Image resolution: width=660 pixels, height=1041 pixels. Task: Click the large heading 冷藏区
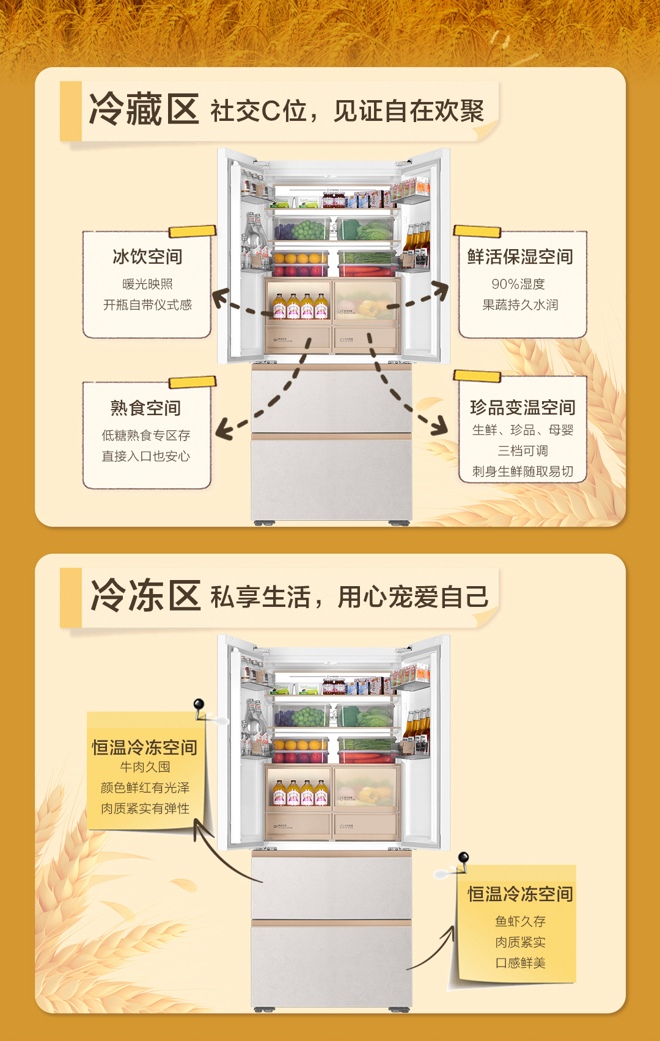(x=144, y=110)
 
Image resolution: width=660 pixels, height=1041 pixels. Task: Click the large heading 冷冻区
(x=145, y=596)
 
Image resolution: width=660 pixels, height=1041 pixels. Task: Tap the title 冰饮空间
(x=147, y=257)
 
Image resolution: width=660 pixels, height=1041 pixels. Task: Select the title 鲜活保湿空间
(x=520, y=257)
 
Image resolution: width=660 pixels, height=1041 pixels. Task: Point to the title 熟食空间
(x=145, y=408)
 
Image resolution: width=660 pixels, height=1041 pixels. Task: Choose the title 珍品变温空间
(x=522, y=407)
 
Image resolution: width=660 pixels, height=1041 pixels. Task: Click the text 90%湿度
(x=518, y=284)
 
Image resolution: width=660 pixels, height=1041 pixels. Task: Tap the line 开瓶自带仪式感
(x=147, y=305)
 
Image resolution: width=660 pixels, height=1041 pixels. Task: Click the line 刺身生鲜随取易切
(x=522, y=471)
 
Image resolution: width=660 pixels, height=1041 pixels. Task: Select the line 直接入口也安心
(x=145, y=456)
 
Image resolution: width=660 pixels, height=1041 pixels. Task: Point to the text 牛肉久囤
(x=145, y=767)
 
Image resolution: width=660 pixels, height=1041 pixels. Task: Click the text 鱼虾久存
(x=520, y=921)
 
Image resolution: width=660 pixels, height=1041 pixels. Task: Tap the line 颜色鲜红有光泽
(x=145, y=788)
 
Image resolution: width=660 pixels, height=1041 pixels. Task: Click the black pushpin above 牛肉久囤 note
(x=199, y=706)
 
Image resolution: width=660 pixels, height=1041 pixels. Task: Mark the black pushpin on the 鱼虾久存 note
(x=463, y=858)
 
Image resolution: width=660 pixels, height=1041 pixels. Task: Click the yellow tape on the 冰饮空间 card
(x=192, y=231)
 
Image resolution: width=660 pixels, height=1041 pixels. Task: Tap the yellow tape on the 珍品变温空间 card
(x=477, y=375)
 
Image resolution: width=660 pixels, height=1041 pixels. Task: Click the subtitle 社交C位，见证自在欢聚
(x=347, y=111)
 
